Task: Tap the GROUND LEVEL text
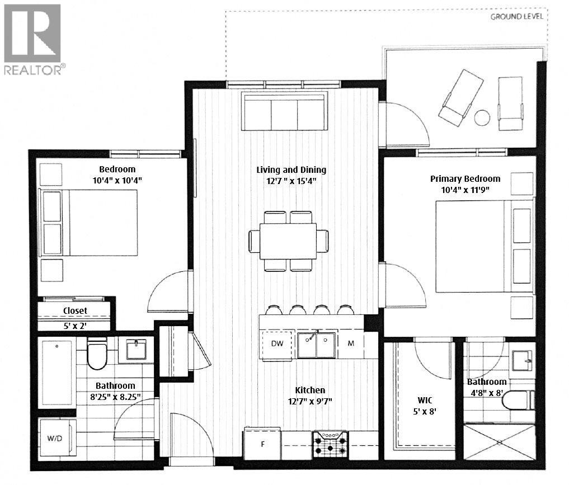pos(516,16)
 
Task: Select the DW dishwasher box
pos(276,343)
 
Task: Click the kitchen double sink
pos(316,344)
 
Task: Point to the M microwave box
pos(351,343)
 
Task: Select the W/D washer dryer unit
pos(56,438)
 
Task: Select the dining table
pos(288,241)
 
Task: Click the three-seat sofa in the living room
pos(284,112)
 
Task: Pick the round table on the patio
pos(482,118)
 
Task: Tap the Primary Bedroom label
pos(465,178)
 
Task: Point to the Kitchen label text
pos(310,390)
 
